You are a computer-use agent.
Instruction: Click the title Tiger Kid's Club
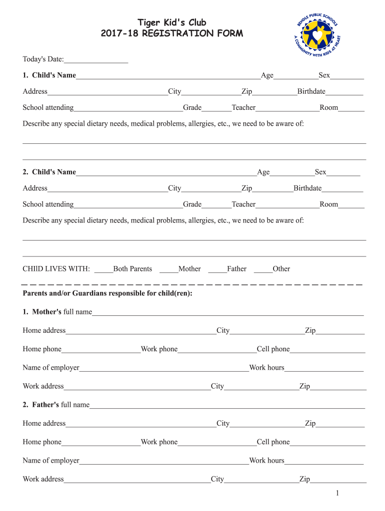(x=172, y=22)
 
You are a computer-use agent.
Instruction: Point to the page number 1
(x=337, y=494)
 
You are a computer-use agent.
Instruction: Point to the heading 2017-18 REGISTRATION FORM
(x=172, y=34)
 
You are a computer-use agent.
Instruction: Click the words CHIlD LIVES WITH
(x=56, y=269)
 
